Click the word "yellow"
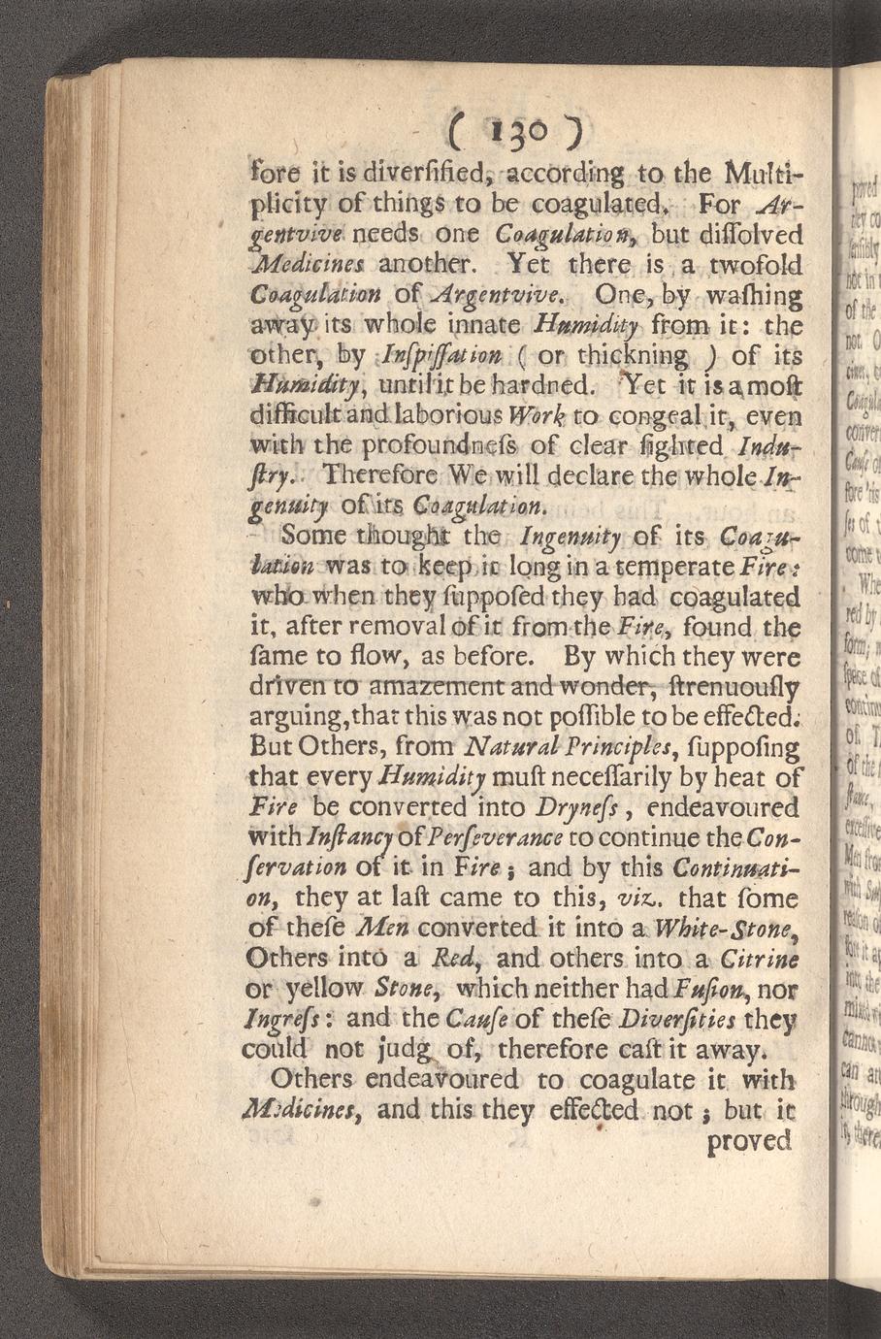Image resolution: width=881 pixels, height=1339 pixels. click(x=330, y=990)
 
